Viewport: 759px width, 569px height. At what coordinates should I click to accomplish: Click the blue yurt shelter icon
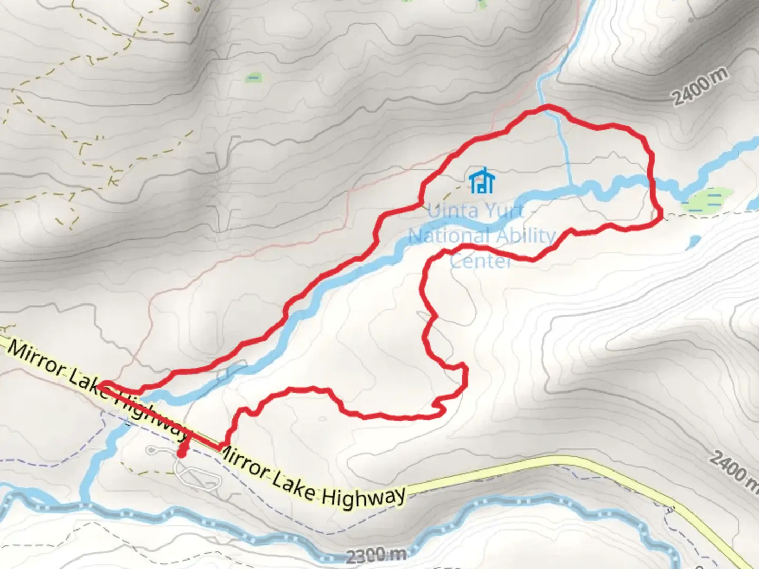(x=482, y=181)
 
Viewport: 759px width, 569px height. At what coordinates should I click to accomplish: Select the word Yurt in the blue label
(x=504, y=211)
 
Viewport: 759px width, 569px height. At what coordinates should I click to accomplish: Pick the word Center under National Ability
(x=480, y=260)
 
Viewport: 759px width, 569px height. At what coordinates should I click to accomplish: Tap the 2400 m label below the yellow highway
(x=733, y=468)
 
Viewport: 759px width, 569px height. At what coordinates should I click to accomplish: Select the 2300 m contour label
(x=376, y=554)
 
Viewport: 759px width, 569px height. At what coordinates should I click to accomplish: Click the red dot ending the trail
(x=181, y=454)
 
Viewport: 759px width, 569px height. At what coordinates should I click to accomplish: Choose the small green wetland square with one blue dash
(x=254, y=78)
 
